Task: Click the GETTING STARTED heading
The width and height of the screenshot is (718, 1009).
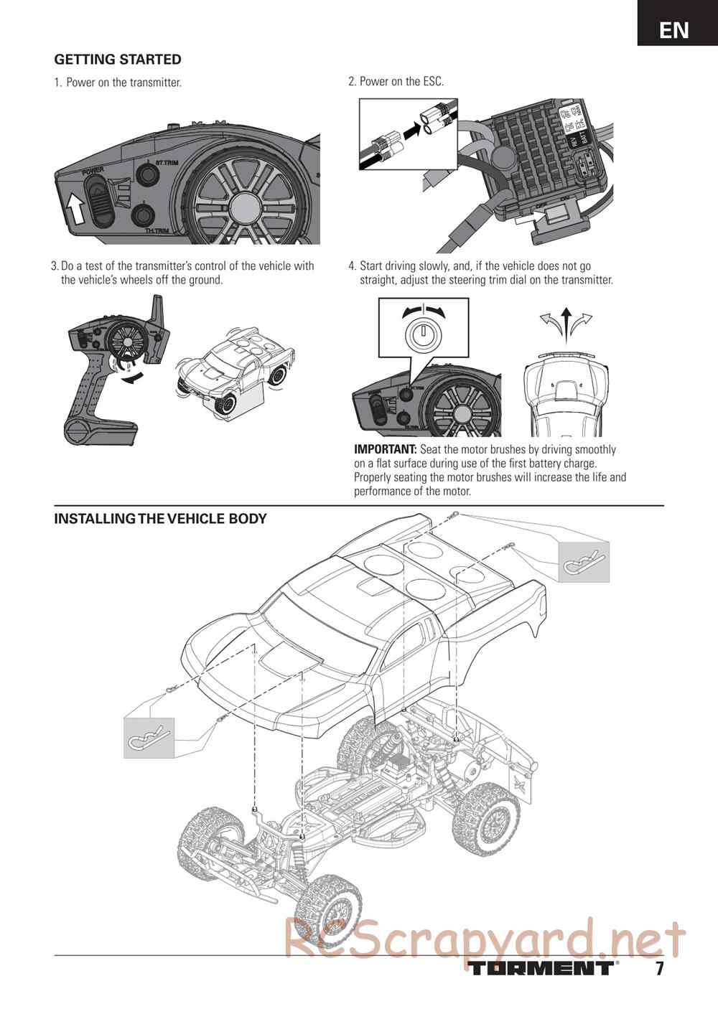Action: click(x=118, y=60)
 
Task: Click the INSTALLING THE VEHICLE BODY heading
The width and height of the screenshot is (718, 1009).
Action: click(x=160, y=519)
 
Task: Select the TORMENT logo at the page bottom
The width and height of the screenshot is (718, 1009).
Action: click(x=543, y=967)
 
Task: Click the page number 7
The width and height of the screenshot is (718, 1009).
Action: click(x=658, y=968)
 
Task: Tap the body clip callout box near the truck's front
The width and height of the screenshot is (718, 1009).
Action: click(x=149, y=737)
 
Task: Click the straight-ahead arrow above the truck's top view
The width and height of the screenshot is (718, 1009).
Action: click(x=566, y=319)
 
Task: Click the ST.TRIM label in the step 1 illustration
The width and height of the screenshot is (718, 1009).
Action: click(x=167, y=163)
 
